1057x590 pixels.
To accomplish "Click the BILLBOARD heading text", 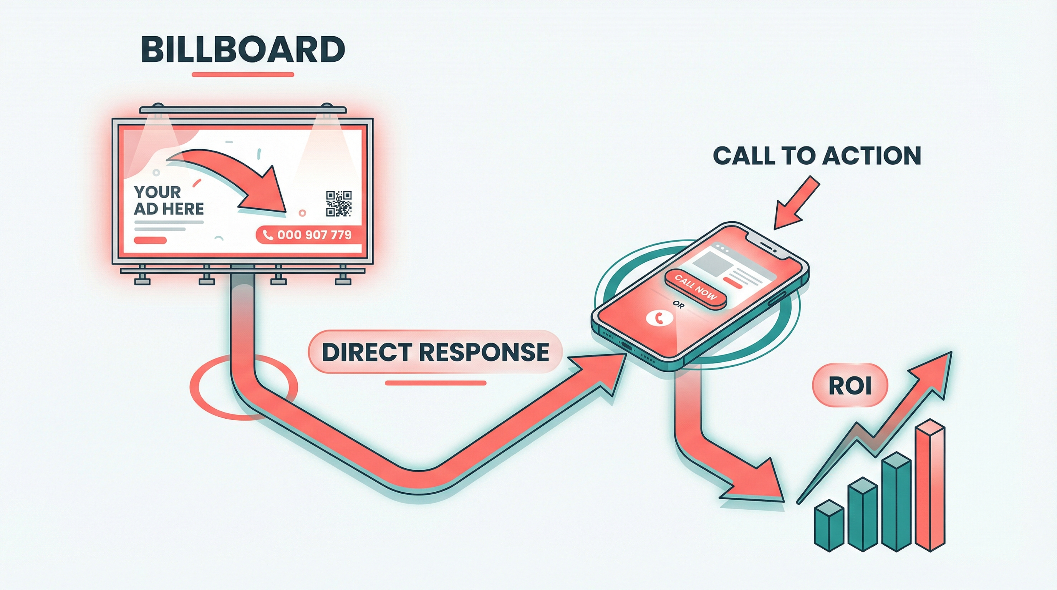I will click(x=242, y=50).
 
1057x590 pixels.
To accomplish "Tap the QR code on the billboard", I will click(x=338, y=204).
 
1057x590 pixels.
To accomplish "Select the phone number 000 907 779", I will click(x=314, y=235).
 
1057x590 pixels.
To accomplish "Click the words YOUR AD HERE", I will click(x=168, y=200).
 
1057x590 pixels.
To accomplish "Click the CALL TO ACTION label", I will click(x=817, y=156).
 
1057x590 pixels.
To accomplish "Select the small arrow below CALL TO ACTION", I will click(x=794, y=205).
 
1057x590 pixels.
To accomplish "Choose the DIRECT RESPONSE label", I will click(x=435, y=352).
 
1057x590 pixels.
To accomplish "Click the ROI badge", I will click(x=850, y=386).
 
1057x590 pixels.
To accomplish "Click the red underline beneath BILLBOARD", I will click(x=242, y=75).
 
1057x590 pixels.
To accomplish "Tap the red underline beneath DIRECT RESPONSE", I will click(x=435, y=383).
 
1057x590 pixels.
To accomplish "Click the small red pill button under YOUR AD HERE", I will click(x=150, y=240).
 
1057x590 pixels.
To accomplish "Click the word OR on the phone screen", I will click(x=679, y=305).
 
